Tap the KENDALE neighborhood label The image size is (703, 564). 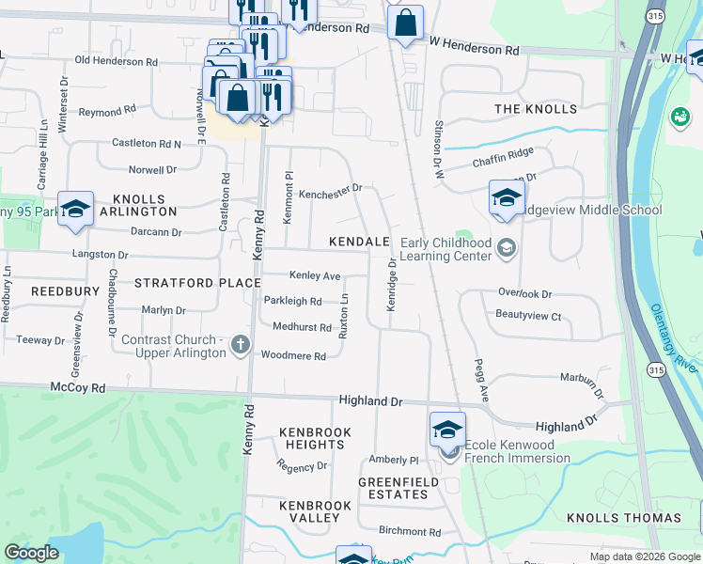click(359, 242)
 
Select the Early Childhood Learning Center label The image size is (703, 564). click(446, 249)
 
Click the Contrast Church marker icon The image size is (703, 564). click(240, 344)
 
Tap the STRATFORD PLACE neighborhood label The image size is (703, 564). click(197, 282)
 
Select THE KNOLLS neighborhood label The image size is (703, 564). click(536, 109)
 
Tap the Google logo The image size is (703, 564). click(32, 553)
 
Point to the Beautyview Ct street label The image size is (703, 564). click(528, 316)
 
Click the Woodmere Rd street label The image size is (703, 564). click(293, 356)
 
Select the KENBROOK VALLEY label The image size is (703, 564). click(315, 511)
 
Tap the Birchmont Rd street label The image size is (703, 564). click(410, 531)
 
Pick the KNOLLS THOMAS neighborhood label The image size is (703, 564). click(624, 518)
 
